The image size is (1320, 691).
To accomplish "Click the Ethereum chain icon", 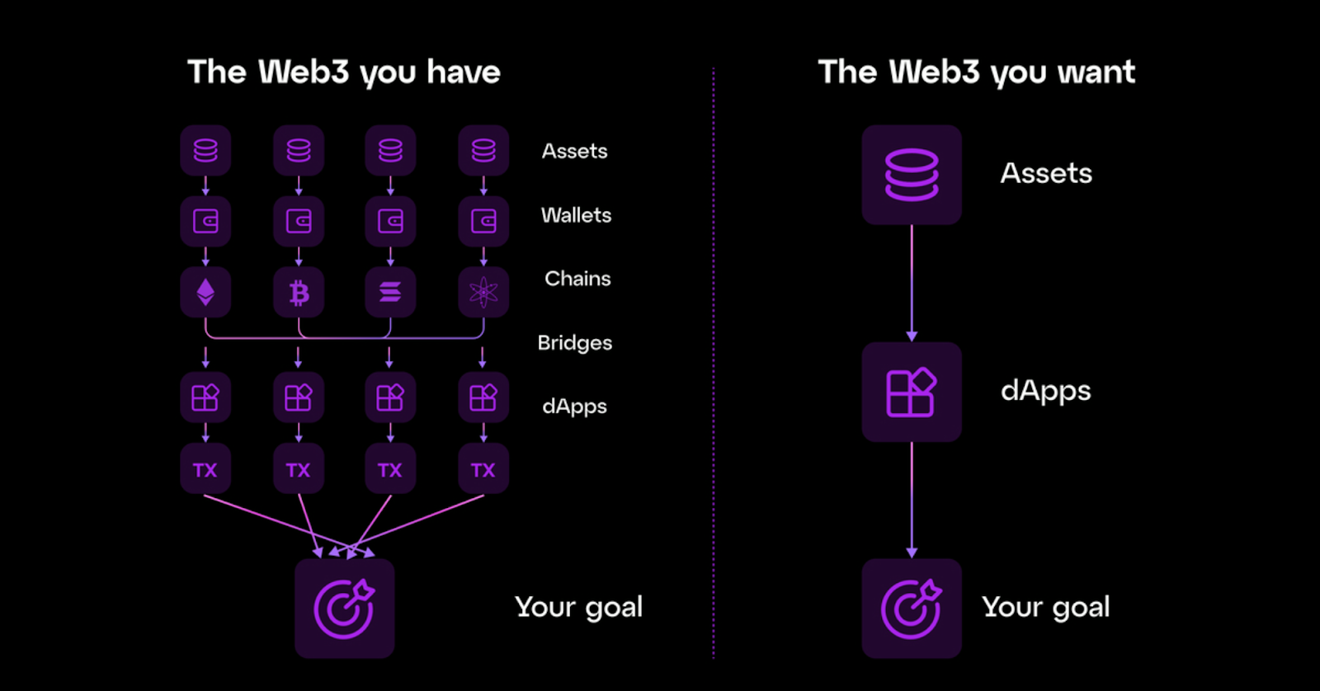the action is click(x=205, y=292).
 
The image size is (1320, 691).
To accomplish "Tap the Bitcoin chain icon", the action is click(x=299, y=292).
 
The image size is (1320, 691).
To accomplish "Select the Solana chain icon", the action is click(x=390, y=292).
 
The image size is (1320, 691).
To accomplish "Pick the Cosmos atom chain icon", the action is click(x=483, y=292).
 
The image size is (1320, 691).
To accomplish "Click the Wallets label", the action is click(x=576, y=215).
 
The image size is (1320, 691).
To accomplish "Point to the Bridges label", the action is click(x=574, y=343).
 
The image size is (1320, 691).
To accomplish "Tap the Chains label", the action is click(x=577, y=279).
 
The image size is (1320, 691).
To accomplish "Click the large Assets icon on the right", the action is click(x=912, y=174).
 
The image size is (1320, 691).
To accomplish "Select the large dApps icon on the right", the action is click(x=912, y=392).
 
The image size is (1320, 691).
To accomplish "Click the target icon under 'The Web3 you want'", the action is click(x=912, y=609).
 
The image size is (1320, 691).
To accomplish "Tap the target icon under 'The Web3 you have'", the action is click(x=345, y=609).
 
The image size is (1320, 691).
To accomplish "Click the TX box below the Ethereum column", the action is click(x=205, y=469).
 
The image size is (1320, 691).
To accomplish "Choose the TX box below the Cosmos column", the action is click(x=483, y=469).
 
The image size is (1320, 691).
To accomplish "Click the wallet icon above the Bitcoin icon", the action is click(x=299, y=222).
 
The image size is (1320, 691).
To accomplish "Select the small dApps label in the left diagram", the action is click(x=574, y=407).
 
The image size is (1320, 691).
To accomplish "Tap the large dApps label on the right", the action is click(x=1046, y=391).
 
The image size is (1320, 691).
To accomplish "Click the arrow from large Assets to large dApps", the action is click(x=912, y=284).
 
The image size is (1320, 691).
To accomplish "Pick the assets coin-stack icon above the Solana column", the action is click(x=390, y=150).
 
